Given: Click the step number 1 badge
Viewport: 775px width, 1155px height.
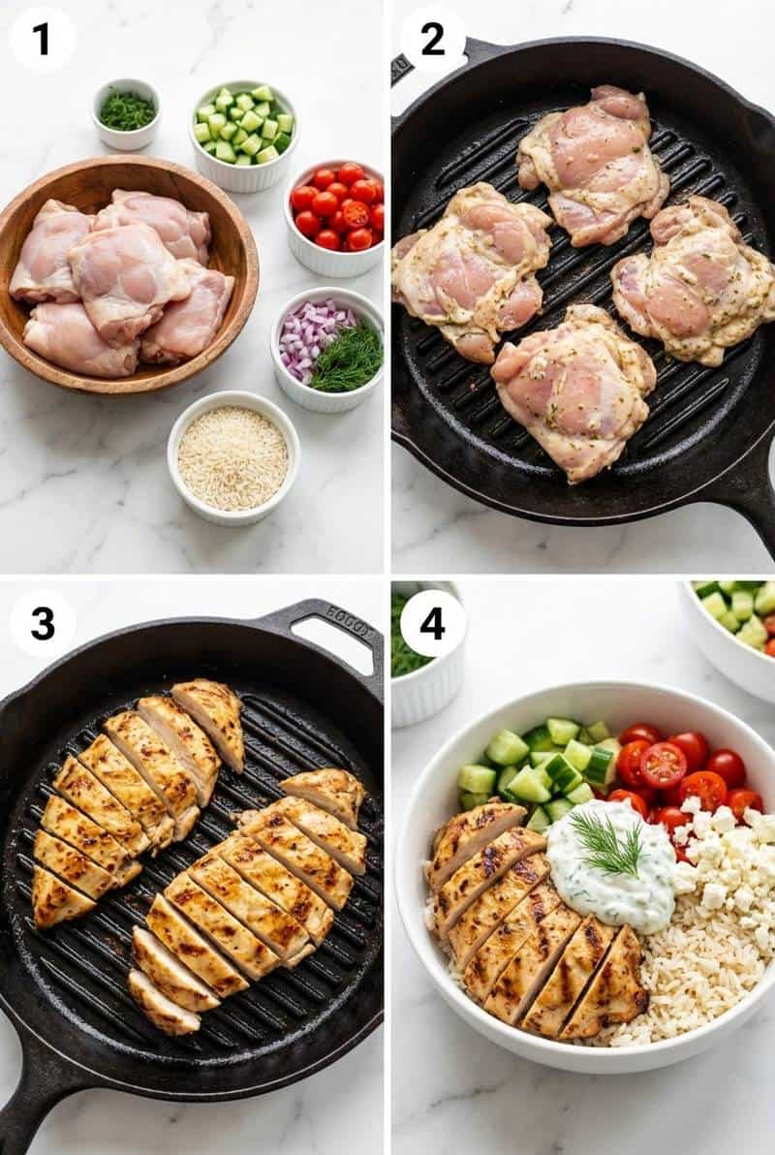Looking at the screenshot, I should [42, 39].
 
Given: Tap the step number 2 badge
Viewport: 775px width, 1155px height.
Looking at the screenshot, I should [433, 39].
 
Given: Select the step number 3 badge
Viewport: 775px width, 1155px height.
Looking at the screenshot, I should [42, 623].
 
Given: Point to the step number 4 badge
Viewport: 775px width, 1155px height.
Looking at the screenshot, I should [433, 623].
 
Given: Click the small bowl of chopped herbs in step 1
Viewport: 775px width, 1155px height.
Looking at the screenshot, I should [127, 111].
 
